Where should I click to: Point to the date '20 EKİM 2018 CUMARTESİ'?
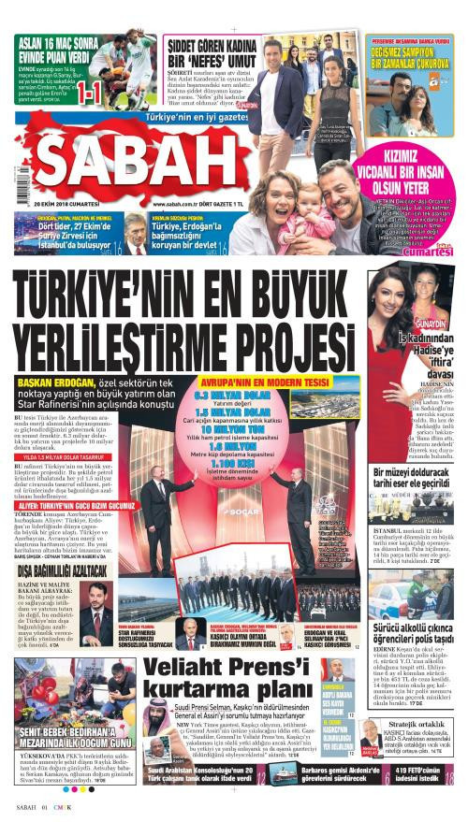63,203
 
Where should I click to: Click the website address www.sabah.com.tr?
174,203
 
